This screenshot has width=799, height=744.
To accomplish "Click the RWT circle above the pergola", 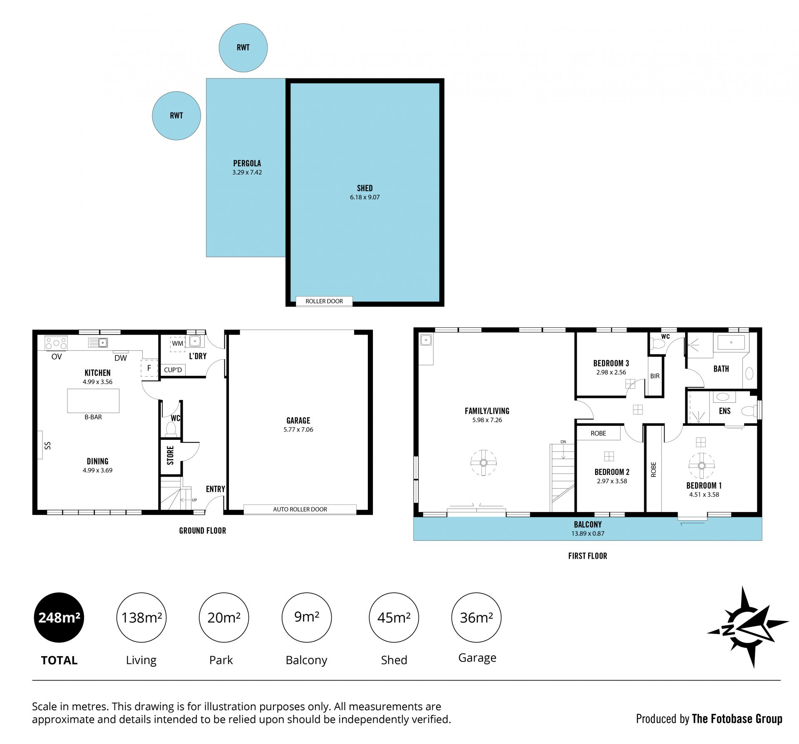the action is tap(243, 47).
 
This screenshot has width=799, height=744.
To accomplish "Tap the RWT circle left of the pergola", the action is tap(176, 116).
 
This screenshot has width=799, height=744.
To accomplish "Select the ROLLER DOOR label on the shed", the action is tap(324, 301).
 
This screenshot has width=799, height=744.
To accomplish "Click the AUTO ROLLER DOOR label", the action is tap(300, 509).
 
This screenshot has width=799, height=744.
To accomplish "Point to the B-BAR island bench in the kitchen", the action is tap(93, 401).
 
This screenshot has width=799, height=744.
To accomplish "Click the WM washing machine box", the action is tap(178, 344).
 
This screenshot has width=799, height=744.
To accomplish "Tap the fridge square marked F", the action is tap(149, 368).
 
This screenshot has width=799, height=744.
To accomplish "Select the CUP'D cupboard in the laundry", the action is tap(173, 370).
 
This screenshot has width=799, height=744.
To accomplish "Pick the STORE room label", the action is tap(170, 455).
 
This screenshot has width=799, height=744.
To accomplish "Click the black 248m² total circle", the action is tap(59, 617).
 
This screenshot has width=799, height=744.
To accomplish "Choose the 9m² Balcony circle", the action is tap(307, 617).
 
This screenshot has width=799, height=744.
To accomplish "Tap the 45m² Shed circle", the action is tap(394, 617).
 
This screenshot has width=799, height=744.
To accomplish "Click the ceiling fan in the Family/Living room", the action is tap(484, 463).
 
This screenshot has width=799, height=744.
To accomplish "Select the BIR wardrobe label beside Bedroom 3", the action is tap(655, 376).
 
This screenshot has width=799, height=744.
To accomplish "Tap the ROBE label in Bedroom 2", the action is tap(598, 433).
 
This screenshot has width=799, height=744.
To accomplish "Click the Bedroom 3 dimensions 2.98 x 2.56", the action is tap(611, 372).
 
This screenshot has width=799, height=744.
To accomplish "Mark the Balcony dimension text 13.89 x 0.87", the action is tap(588, 534).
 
